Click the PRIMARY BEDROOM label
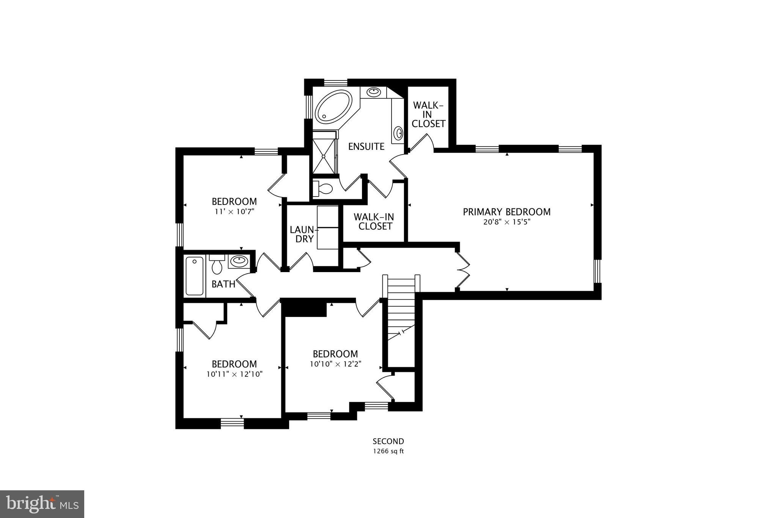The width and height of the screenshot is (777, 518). [x=506, y=212]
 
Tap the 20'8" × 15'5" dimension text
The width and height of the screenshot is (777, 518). [x=506, y=222]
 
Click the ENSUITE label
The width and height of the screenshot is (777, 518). [x=366, y=146]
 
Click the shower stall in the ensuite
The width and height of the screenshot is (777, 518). [x=324, y=152]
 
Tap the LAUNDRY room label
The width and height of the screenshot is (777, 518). [x=304, y=234]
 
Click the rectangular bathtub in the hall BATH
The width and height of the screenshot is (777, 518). [x=195, y=276]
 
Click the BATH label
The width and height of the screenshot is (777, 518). [x=223, y=284]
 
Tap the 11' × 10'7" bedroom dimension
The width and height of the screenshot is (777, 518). [x=234, y=211]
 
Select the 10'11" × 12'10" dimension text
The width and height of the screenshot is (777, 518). [x=234, y=374]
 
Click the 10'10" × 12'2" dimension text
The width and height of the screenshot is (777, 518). [x=335, y=364]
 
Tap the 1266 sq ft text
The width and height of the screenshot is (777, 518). [x=388, y=451]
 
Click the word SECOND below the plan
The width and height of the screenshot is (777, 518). [x=388, y=441]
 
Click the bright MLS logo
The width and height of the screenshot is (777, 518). [x=42, y=504]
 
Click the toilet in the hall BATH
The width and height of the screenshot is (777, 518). [x=217, y=265]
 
